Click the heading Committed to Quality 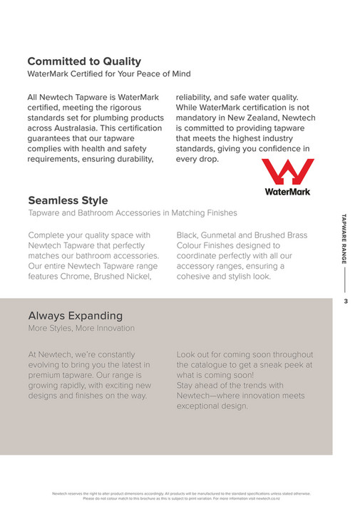point(84,61)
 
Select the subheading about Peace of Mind point(109,73)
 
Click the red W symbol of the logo point(287,173)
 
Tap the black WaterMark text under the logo point(287,191)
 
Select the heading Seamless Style point(68,200)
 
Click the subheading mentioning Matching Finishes point(132,212)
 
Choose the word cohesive point(199,276)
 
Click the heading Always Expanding point(75,315)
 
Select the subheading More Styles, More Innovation point(81,328)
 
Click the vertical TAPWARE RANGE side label point(344,242)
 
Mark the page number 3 point(345,302)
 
